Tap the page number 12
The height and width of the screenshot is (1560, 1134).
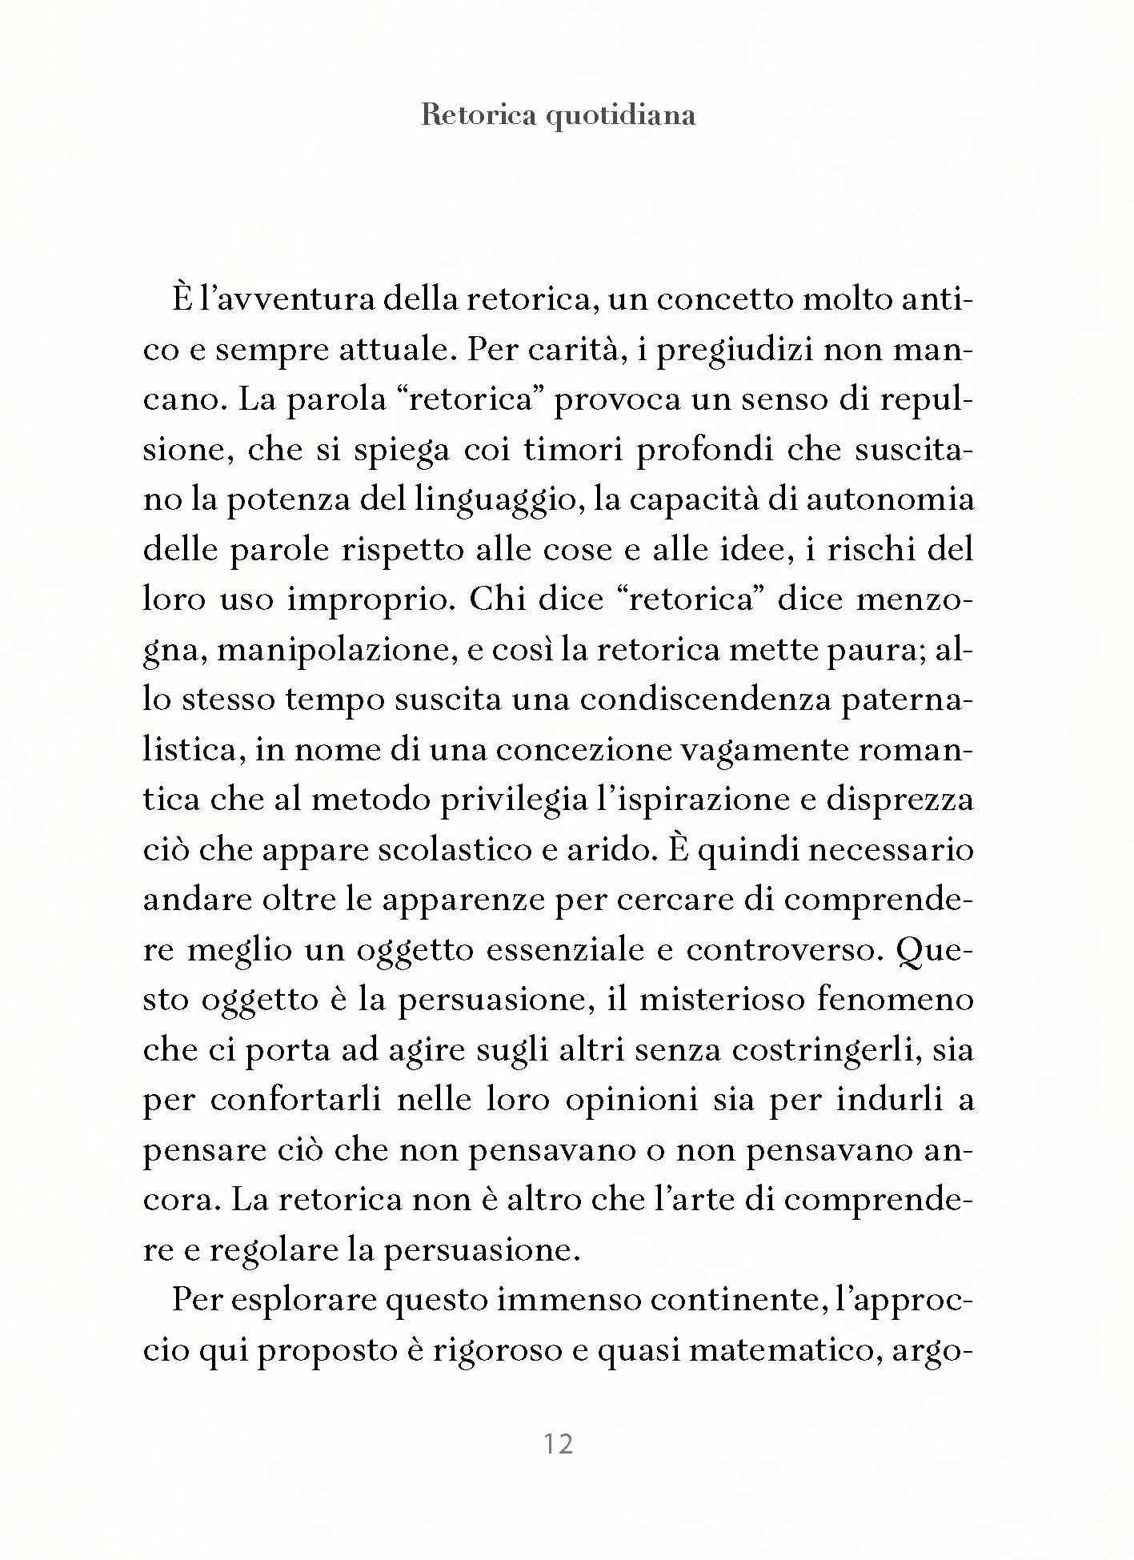tap(559, 1444)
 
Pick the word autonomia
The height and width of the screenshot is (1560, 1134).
tap(890, 499)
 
